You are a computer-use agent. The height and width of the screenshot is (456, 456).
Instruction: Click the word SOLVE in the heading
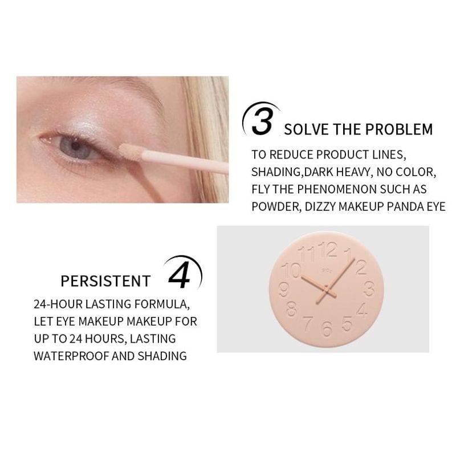pyautogui.click(x=307, y=129)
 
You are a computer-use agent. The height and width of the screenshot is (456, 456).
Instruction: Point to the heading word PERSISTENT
pyautogui.click(x=105, y=281)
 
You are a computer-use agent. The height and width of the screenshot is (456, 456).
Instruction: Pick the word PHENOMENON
pyautogui.click(x=339, y=189)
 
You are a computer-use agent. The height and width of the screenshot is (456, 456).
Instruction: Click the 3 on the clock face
pyautogui.click(x=368, y=288)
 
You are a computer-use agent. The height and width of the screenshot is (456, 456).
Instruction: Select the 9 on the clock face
pyautogui.click(x=284, y=290)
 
